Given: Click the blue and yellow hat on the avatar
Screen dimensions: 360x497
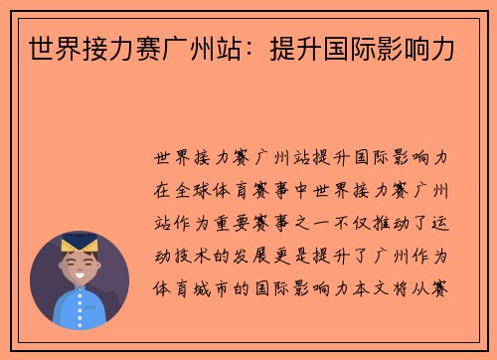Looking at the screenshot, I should click(x=80, y=244).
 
